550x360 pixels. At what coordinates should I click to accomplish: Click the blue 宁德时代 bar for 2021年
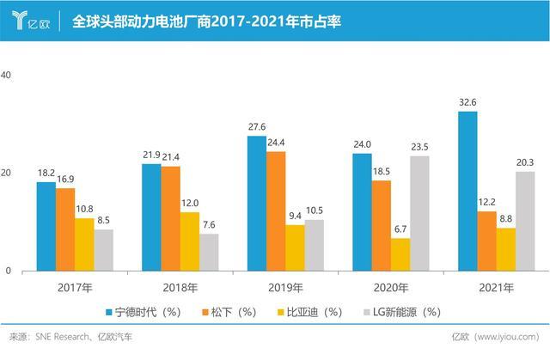pyautogui.click(x=467, y=191)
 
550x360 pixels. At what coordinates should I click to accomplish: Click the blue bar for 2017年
pyautogui.click(x=46, y=226)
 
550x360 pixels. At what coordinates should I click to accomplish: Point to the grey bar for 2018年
pyautogui.click(x=209, y=252)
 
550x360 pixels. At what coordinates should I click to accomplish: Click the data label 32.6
pyautogui.click(x=467, y=102)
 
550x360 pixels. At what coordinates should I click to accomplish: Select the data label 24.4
pyautogui.click(x=277, y=143)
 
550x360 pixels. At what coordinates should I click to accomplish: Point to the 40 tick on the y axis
pyautogui.click(x=6, y=76)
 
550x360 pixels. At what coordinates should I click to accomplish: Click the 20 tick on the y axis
pyautogui.click(x=6, y=173)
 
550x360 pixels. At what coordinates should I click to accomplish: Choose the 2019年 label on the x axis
pyautogui.click(x=266, y=288)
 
